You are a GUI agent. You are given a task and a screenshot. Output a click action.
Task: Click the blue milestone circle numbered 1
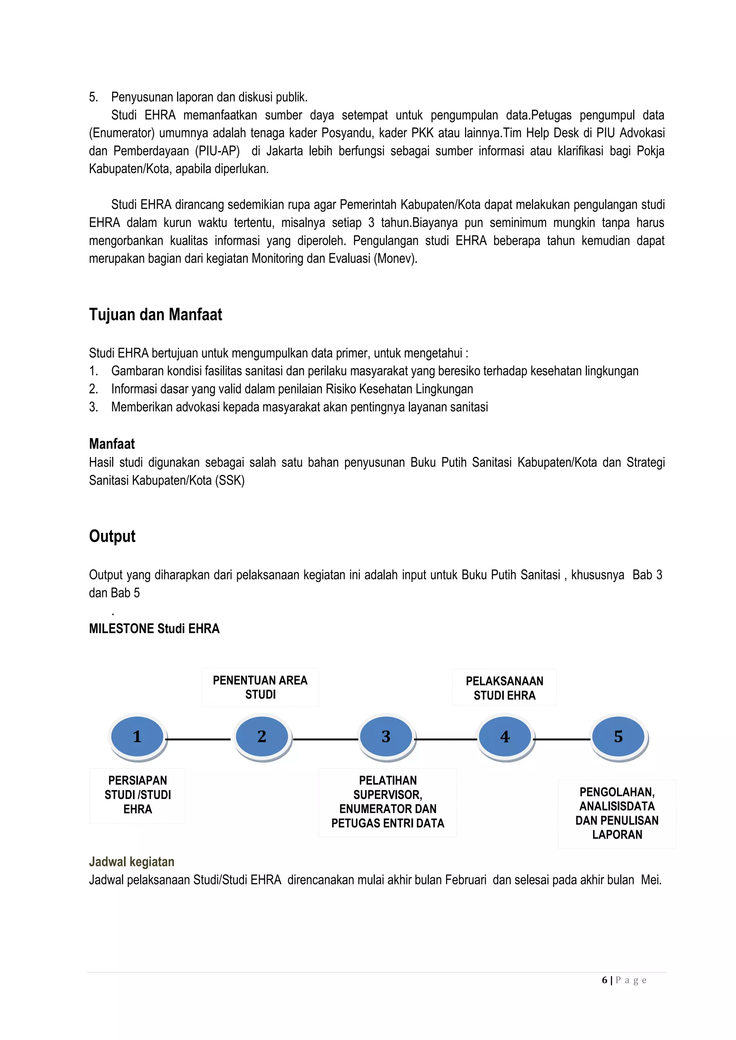pos(137,736)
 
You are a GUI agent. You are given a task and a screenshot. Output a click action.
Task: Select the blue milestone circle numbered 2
pos(262,736)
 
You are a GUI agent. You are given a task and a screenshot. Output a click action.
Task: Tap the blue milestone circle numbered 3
pos(386,736)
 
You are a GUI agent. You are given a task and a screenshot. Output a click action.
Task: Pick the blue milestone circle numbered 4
pos(505,736)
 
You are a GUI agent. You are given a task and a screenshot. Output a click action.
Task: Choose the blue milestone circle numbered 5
pos(618,736)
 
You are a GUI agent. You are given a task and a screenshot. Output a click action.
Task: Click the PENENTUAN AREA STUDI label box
pos(260,687)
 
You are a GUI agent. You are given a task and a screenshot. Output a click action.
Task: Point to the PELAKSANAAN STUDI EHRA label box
pos(505,688)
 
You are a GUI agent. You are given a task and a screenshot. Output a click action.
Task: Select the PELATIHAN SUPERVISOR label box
pos(387,802)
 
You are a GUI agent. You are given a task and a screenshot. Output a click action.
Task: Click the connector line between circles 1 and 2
pos(198,739)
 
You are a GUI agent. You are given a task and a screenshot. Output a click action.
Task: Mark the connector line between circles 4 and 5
pos(562,739)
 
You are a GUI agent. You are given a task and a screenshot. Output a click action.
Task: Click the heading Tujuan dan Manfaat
pos(156,314)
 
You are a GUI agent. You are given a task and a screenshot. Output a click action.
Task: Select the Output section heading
pos(112,536)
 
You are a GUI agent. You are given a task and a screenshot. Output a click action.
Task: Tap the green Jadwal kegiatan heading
pos(132,861)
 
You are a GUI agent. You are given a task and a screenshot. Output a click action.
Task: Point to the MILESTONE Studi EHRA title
pos(154,629)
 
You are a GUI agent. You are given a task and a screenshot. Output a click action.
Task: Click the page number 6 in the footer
pos(604,980)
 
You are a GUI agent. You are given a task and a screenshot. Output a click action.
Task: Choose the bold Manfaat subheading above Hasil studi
pos(112,443)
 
